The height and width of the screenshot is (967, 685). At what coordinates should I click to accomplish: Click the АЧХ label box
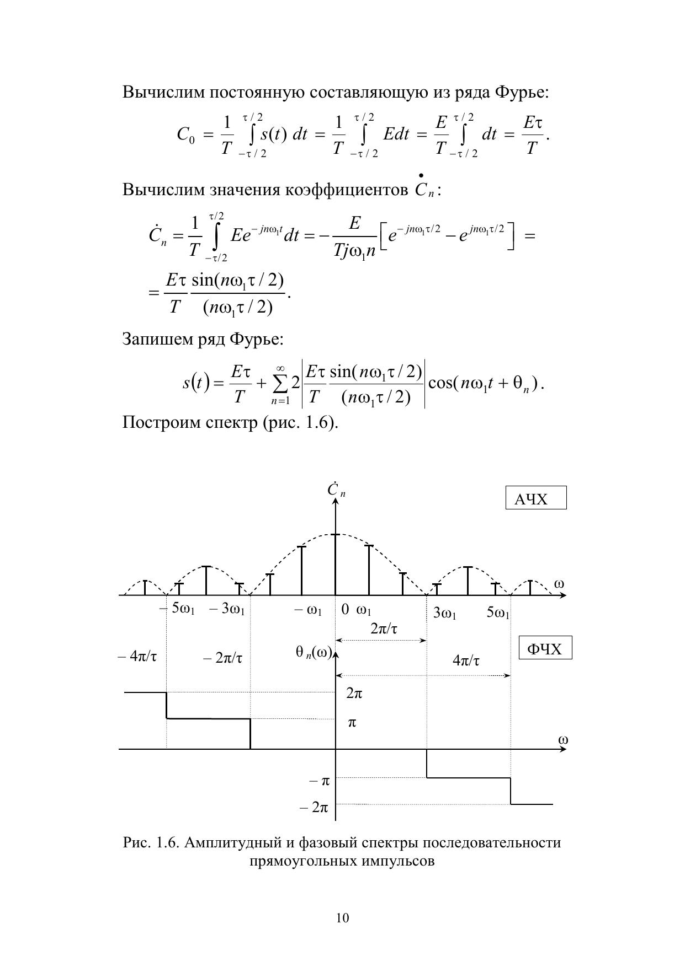point(535,498)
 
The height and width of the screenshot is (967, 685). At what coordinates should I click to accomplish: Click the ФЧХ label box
point(545,648)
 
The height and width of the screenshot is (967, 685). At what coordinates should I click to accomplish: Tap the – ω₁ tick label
point(307,610)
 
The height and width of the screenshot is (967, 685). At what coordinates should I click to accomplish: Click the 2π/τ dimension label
point(383,628)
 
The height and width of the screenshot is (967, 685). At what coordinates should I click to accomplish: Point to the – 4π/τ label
point(137,657)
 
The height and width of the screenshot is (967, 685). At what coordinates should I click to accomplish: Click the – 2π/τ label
point(222,658)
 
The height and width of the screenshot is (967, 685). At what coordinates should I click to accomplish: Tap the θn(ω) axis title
point(313,653)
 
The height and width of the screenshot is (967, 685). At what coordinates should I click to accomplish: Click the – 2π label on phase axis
point(314,808)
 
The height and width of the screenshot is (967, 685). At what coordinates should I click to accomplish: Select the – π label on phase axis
point(318,781)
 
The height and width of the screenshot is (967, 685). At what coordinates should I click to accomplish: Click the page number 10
point(342,918)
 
